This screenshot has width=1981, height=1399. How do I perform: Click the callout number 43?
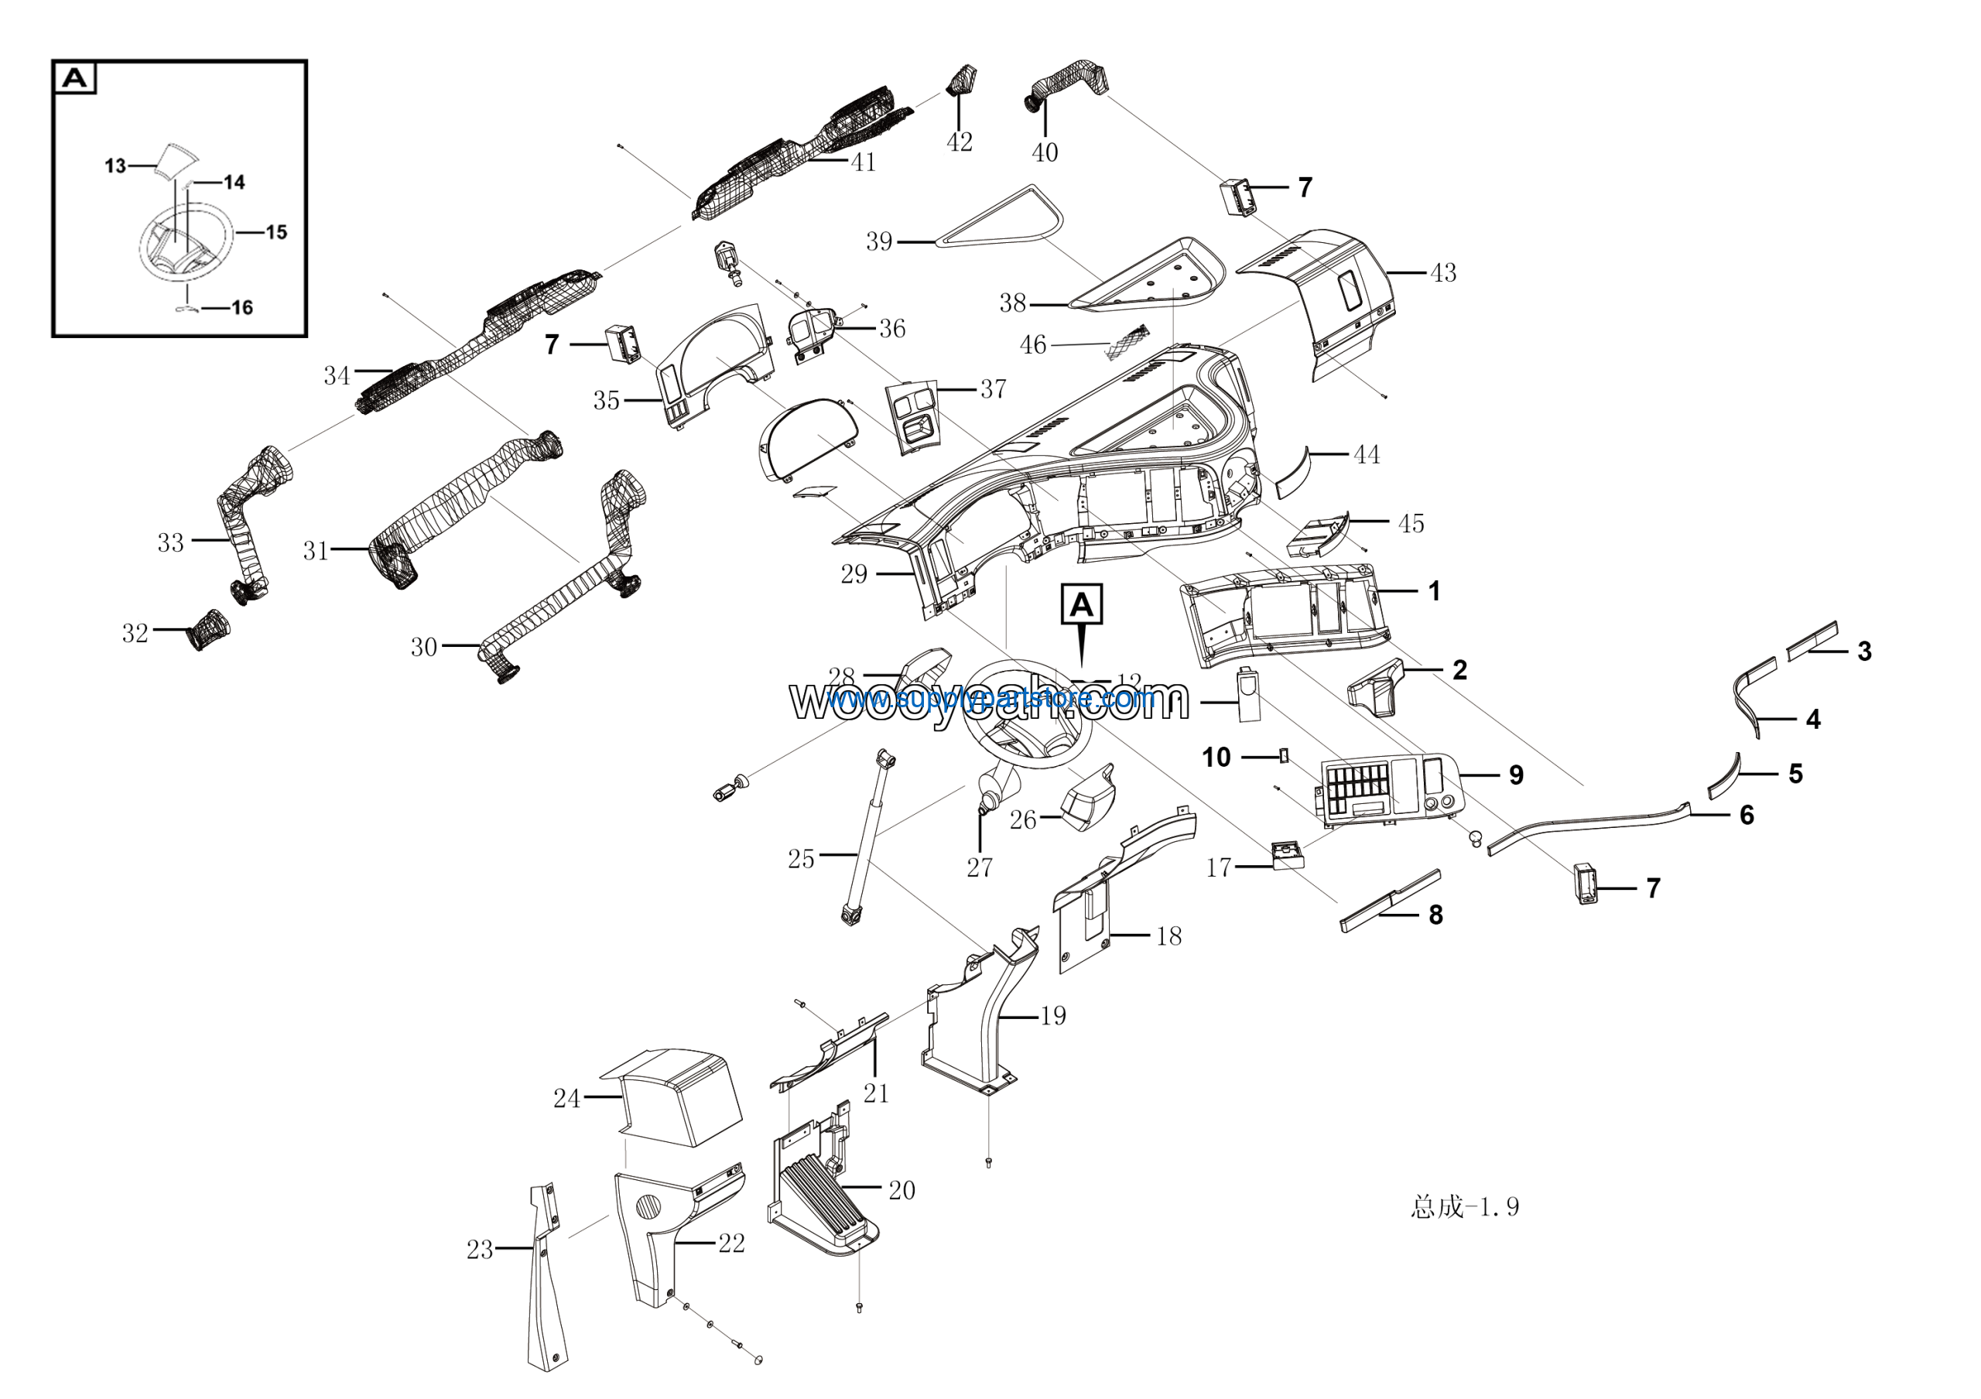(1442, 272)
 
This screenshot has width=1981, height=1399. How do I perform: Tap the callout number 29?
(854, 573)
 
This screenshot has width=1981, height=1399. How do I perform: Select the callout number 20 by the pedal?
(902, 1190)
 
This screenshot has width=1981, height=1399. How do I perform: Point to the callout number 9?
(1516, 775)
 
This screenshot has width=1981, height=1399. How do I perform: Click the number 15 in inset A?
(276, 232)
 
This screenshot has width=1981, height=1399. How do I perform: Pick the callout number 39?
(878, 241)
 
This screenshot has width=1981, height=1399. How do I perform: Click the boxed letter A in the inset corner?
(75, 78)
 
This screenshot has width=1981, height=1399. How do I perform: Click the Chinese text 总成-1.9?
(1464, 1206)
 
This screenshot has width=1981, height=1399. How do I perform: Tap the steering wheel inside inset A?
(186, 241)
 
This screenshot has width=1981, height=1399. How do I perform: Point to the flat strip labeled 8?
(1389, 901)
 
